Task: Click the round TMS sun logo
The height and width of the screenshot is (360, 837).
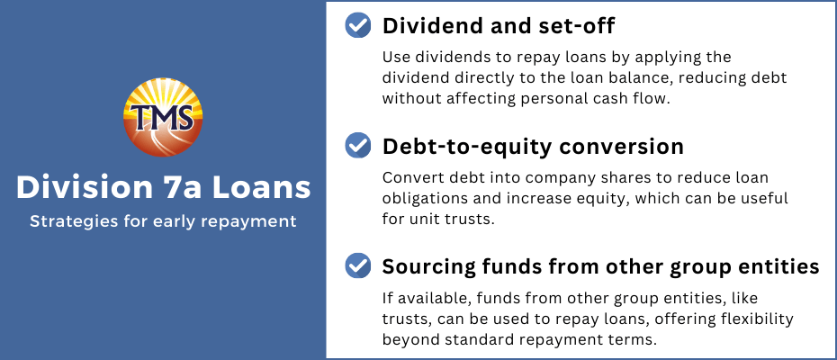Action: pyautogui.click(x=163, y=118)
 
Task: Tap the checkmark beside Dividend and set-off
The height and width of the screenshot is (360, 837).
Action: pyautogui.click(x=358, y=24)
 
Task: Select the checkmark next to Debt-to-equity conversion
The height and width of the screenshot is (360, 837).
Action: pyautogui.click(x=358, y=145)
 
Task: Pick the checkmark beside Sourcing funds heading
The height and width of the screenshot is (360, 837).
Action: pyautogui.click(x=358, y=265)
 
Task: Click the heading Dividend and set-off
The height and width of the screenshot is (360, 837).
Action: pyautogui.click(x=499, y=25)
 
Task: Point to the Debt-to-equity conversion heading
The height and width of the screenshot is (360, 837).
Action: pyautogui.click(x=533, y=147)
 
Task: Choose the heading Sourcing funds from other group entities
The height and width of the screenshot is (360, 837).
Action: pyautogui.click(x=600, y=266)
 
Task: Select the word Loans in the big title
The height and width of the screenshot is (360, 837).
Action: pyautogui.click(x=264, y=188)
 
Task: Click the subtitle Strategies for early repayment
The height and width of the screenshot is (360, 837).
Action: pyautogui.click(x=163, y=221)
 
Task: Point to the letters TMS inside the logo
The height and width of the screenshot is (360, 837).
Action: pyautogui.click(x=163, y=117)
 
